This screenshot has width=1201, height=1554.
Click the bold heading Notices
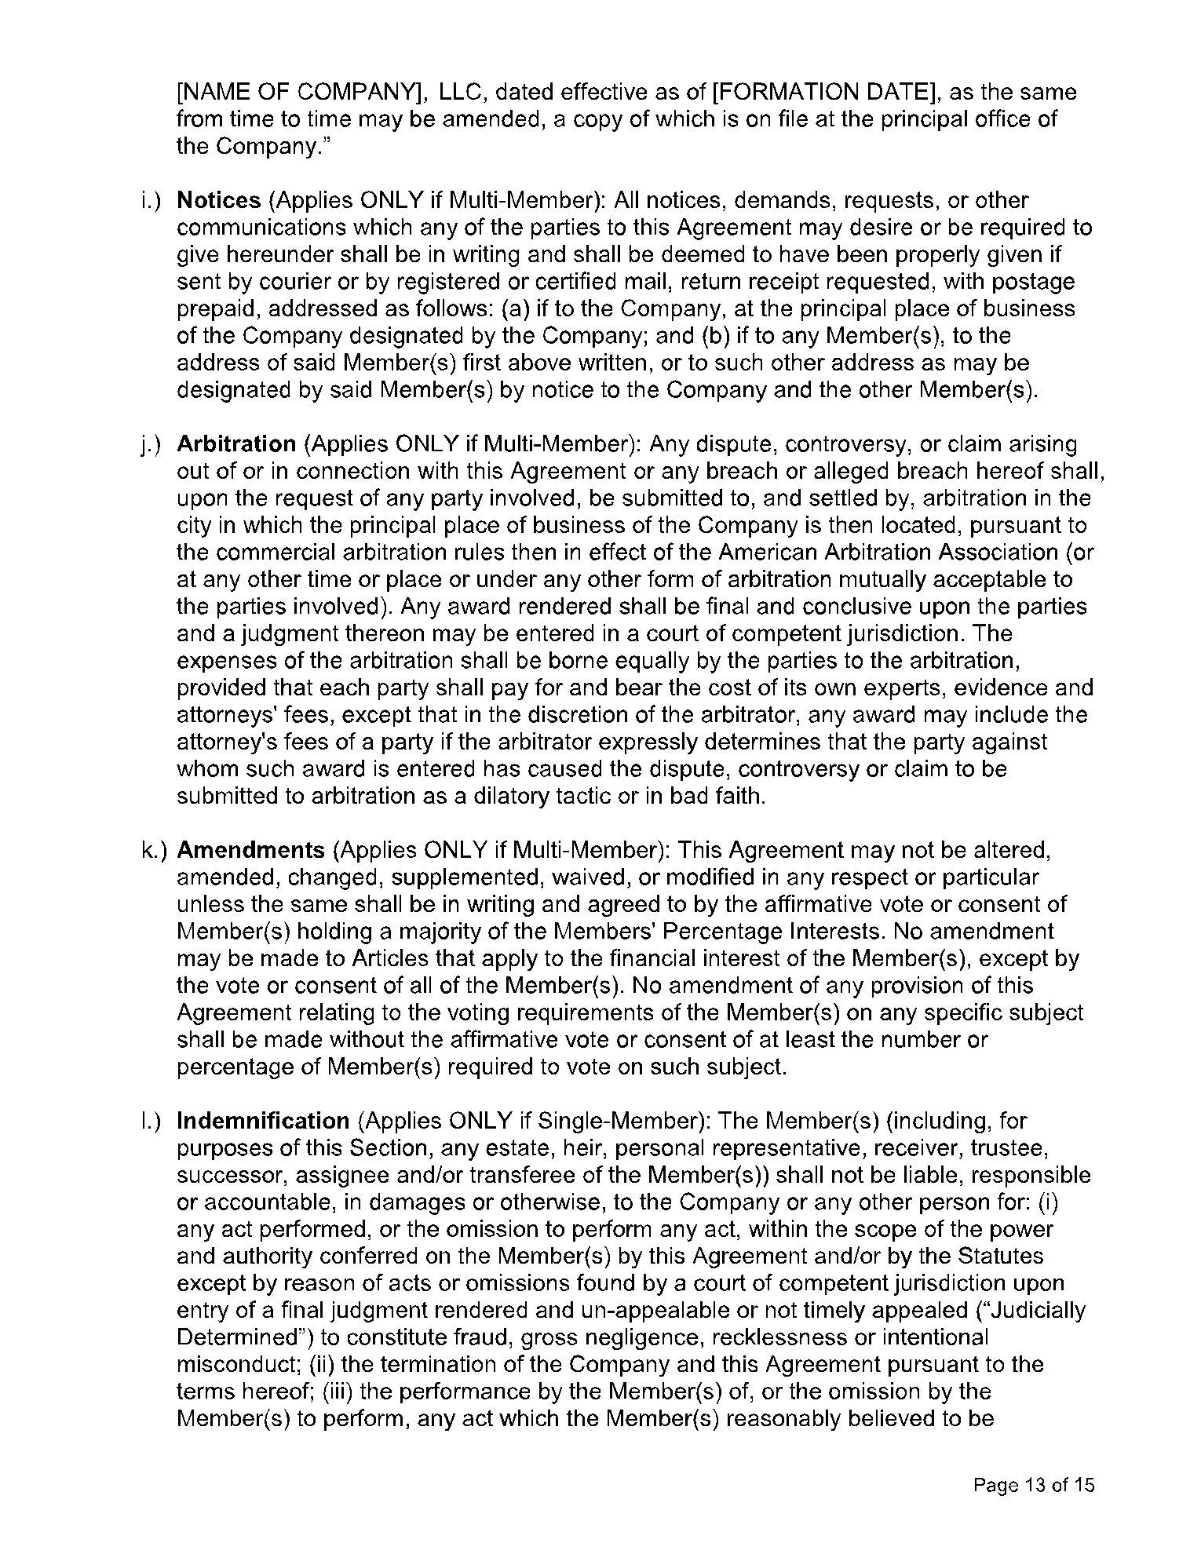tap(218, 201)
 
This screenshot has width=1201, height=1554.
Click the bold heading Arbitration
tap(236, 444)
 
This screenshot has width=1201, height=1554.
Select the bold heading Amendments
tap(250, 850)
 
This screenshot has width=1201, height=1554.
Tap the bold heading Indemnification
tap(263, 1121)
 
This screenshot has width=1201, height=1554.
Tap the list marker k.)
tap(151, 850)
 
